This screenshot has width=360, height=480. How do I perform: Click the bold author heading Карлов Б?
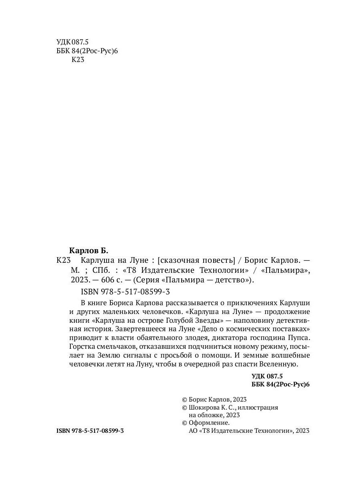(89, 251)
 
